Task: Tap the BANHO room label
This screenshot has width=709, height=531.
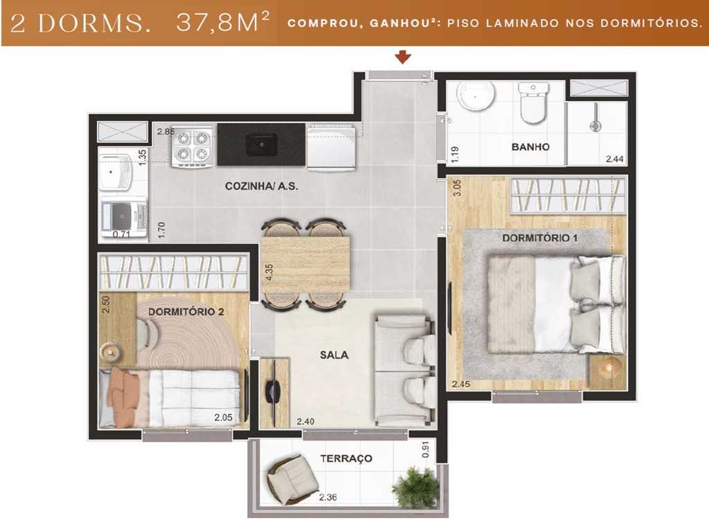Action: click(x=530, y=147)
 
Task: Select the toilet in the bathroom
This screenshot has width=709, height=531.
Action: click(x=533, y=104)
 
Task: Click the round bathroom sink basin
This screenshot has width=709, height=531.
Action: click(x=478, y=97)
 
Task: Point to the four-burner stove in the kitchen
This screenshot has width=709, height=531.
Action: click(x=193, y=146)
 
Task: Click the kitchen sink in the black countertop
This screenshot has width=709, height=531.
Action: click(x=262, y=145)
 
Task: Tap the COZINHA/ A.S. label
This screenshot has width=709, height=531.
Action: click(x=261, y=186)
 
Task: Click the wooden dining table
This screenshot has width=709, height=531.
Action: click(x=305, y=263)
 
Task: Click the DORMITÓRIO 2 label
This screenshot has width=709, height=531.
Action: click(x=186, y=312)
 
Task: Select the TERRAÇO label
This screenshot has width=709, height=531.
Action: click(x=346, y=458)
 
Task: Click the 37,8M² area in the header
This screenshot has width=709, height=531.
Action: click(x=222, y=23)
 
